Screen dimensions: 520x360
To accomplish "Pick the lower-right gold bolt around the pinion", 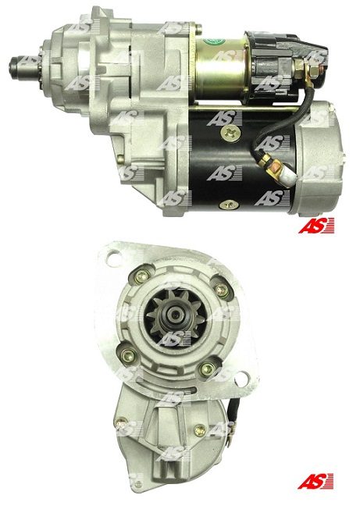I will click(206, 369).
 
